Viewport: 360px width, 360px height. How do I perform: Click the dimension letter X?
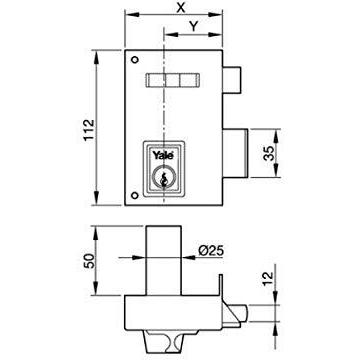[x=181, y=8]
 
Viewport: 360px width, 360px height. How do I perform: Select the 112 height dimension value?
[x=89, y=130]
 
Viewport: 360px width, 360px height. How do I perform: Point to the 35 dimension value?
[x=269, y=153]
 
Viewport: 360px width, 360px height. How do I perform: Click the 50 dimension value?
[x=89, y=261]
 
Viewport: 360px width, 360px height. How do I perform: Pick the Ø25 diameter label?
[x=211, y=251]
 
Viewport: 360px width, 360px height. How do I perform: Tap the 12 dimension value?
[x=269, y=279]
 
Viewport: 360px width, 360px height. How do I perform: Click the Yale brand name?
[x=164, y=155]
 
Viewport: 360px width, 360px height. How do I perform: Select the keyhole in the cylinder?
[x=163, y=180]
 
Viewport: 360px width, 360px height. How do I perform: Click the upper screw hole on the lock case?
[x=135, y=60]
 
